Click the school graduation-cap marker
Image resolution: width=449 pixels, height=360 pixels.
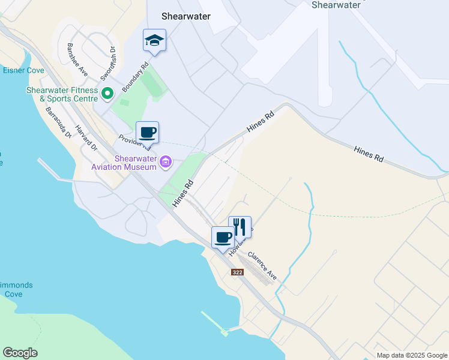point(154,41)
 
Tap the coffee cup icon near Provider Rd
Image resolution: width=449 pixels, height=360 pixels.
point(147,132)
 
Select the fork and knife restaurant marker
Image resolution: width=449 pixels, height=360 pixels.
point(240,226)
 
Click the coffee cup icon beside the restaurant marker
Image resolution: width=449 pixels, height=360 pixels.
point(223,237)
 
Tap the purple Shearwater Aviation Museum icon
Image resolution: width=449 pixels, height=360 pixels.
point(166,161)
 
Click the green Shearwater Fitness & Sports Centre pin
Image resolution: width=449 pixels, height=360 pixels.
point(107,93)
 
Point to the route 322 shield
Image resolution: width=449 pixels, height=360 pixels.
point(237,272)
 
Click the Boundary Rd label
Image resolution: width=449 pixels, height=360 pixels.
point(135,79)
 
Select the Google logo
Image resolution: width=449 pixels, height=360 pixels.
point(20,353)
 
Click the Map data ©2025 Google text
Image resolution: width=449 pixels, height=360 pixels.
point(411,355)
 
